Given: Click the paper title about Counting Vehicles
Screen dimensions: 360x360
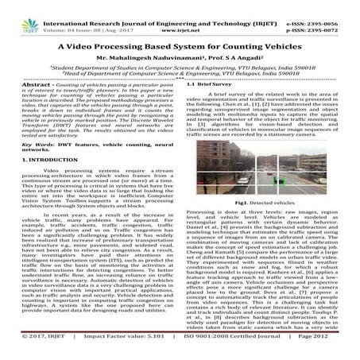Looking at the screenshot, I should [180, 47].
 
